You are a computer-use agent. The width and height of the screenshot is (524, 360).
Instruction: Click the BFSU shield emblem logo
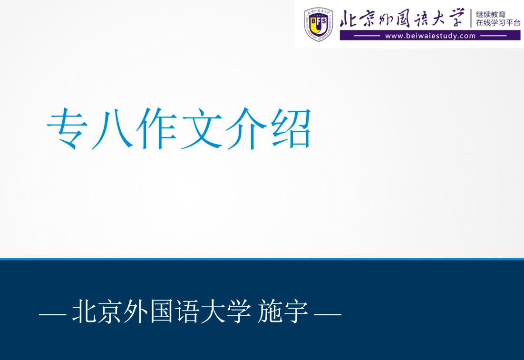coord(318,24)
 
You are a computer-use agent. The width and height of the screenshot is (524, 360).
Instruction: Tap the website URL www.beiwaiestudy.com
coord(430,36)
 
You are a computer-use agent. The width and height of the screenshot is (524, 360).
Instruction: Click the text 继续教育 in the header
coord(491,14)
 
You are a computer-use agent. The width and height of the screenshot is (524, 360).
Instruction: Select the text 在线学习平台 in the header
coord(498,23)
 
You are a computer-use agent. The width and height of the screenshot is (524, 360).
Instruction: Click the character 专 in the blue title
coord(68,128)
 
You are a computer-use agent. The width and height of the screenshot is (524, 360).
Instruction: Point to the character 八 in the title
coord(113,128)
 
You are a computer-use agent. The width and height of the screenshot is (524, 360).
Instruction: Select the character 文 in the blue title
coord(202,128)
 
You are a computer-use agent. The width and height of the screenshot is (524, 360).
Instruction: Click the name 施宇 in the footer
coord(283,311)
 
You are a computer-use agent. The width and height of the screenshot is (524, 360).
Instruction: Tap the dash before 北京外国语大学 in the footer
coord(52,314)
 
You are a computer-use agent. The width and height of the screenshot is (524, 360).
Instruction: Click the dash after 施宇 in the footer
coord(328,314)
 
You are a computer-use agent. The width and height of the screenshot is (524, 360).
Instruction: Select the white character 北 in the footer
coord(85,311)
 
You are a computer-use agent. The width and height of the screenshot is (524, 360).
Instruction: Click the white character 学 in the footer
coord(239,311)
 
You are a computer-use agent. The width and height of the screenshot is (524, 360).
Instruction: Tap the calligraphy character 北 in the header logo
coord(348,19)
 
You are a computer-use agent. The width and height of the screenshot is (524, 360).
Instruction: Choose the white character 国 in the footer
coord(162,311)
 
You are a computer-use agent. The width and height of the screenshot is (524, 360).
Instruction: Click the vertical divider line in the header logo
coord(471,19)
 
